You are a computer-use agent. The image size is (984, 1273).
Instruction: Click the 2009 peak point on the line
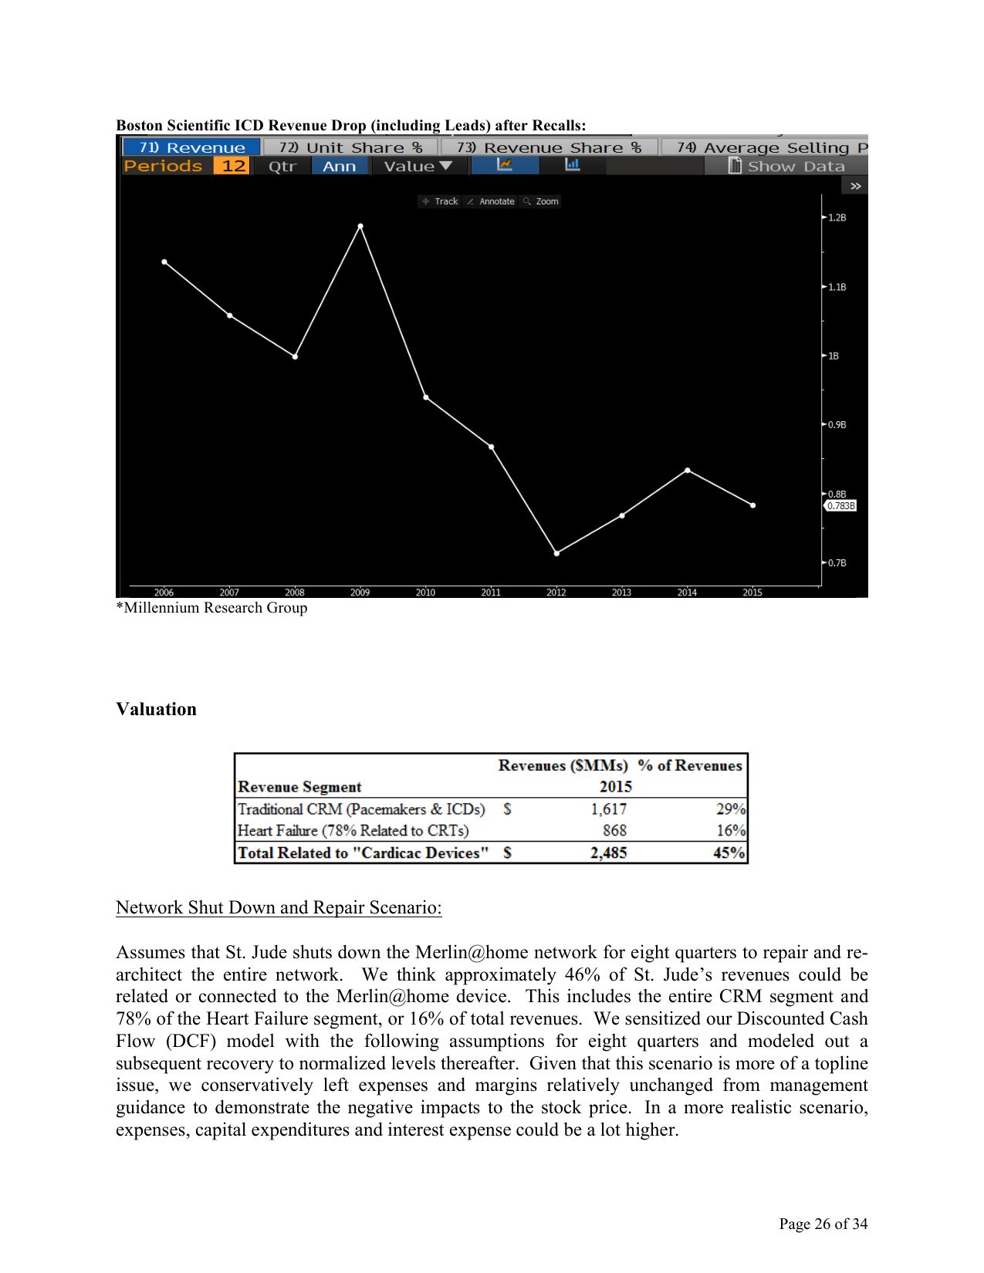(360, 226)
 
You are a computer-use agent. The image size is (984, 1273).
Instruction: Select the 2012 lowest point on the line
(556, 553)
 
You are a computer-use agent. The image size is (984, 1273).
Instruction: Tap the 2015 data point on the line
(753, 505)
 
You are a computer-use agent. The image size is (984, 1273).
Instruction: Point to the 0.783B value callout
(840, 506)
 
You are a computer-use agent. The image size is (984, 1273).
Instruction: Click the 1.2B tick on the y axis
(836, 218)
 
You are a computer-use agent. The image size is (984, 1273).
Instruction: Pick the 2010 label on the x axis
(425, 593)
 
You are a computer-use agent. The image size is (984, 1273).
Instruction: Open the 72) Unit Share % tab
(350, 147)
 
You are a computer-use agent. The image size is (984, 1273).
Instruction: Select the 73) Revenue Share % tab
(549, 147)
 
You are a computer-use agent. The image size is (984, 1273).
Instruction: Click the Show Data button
(787, 166)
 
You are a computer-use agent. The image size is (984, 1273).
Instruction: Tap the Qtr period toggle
(282, 166)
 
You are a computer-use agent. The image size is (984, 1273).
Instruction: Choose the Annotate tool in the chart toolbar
(492, 201)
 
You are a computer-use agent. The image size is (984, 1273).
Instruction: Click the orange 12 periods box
(232, 166)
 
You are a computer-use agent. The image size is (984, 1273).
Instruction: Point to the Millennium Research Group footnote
(211, 608)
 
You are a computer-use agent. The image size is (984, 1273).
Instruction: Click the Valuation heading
(156, 709)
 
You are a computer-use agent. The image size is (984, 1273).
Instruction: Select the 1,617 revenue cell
(608, 809)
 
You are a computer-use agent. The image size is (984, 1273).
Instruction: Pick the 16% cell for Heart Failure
(730, 831)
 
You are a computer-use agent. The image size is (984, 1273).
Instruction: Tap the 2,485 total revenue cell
(608, 853)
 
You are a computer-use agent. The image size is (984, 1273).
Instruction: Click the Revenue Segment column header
(299, 787)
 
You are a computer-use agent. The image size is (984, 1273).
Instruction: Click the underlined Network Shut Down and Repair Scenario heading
(279, 907)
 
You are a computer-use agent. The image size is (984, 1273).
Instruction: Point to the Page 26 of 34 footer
(823, 1224)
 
